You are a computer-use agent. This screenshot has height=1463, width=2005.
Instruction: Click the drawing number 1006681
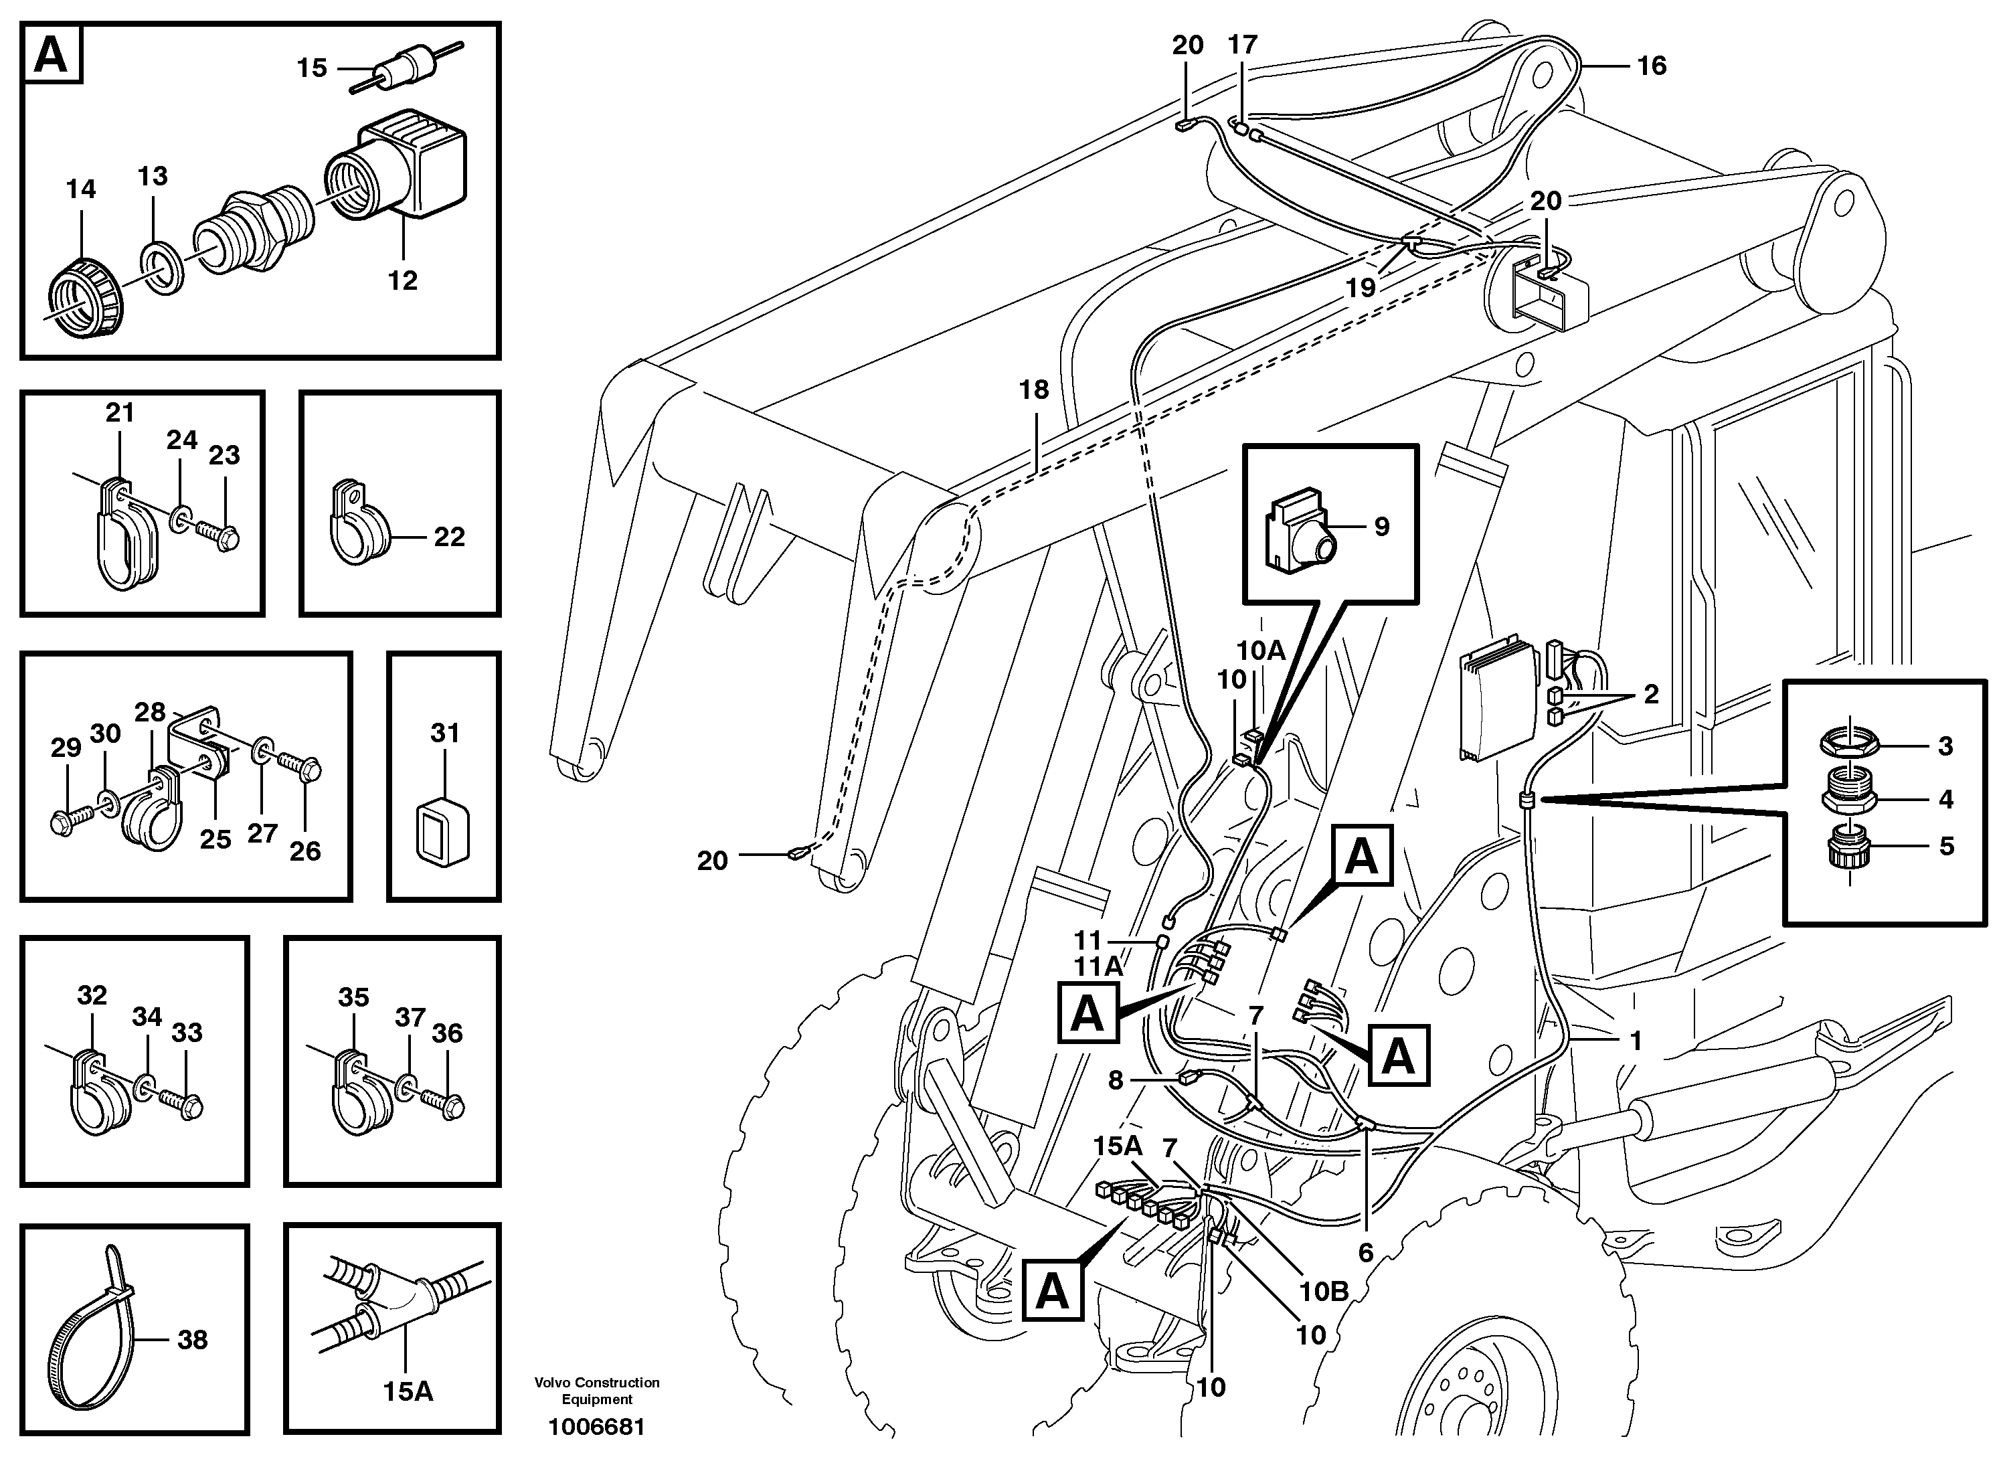597,1427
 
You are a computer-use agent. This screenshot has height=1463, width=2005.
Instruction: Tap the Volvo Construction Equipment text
597,1390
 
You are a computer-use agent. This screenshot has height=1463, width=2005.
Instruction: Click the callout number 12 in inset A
402,280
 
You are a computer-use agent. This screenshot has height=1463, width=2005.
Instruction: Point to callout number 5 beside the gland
1945,847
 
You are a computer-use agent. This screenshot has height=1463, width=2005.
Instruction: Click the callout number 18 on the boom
1033,390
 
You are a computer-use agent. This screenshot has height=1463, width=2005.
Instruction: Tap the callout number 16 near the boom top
1652,65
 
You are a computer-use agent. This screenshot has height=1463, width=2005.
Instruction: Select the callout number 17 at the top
1243,44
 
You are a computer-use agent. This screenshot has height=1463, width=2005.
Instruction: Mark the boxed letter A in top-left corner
50,55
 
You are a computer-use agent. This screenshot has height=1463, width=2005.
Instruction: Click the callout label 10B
1323,1292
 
